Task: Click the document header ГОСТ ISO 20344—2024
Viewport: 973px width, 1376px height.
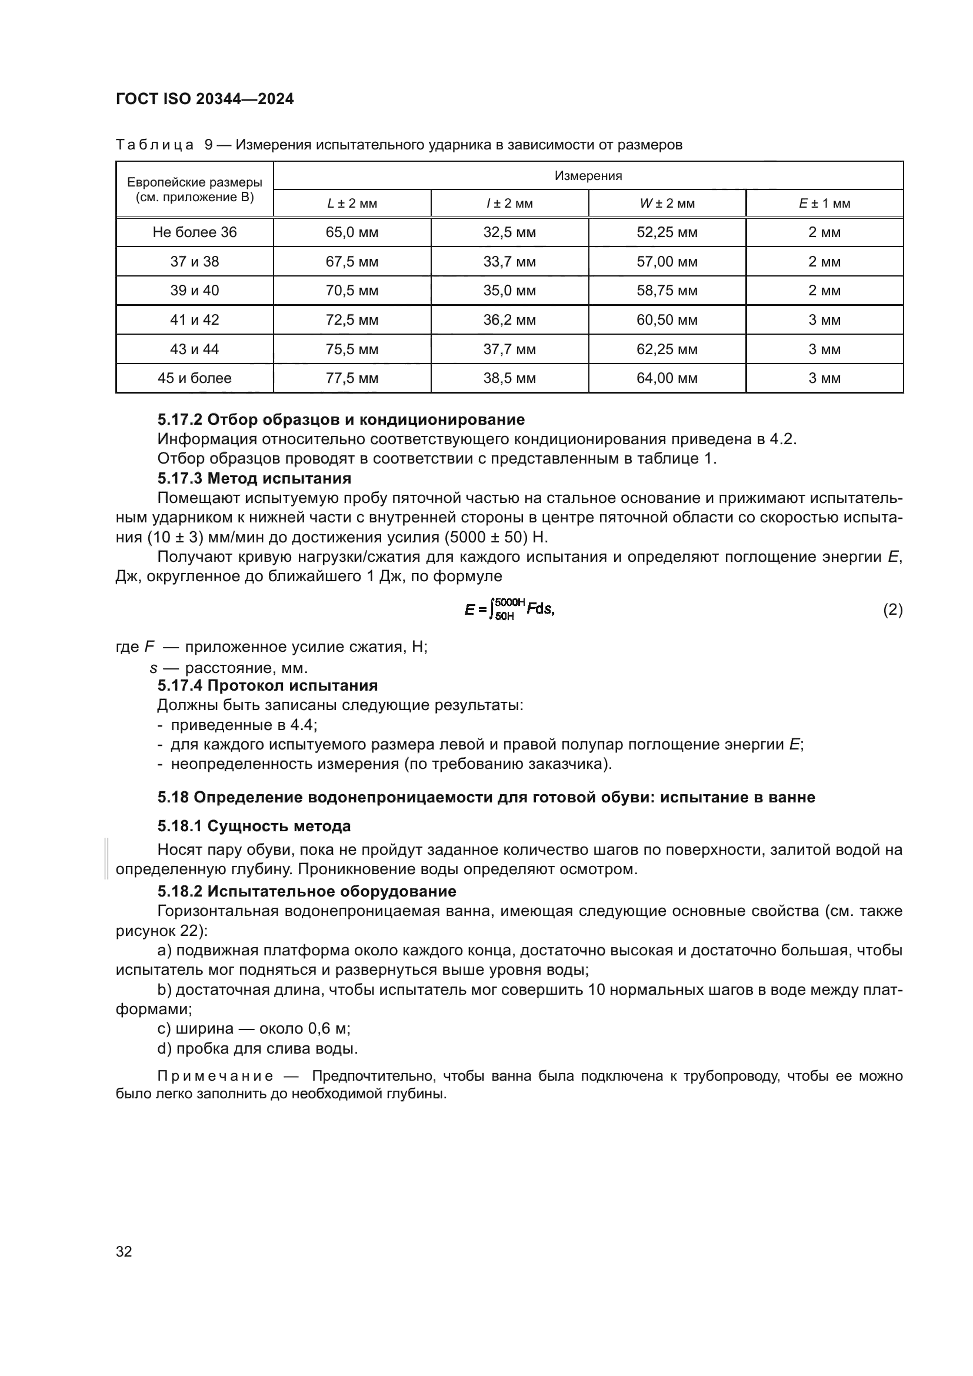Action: click(x=204, y=99)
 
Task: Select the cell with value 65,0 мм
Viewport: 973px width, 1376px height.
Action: click(x=352, y=232)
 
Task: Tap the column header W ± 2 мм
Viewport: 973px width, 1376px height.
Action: click(x=667, y=203)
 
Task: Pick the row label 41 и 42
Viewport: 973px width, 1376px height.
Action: click(x=194, y=320)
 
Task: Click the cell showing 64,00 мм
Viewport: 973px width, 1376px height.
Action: click(x=667, y=378)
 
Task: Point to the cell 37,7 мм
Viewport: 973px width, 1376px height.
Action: click(x=509, y=349)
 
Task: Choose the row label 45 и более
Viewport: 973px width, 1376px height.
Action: click(x=194, y=378)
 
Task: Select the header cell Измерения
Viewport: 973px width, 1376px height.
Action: click(x=588, y=175)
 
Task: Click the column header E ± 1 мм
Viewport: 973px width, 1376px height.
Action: click(x=824, y=203)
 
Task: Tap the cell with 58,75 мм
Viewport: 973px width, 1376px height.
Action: click(x=667, y=291)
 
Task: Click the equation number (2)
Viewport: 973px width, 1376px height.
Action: click(x=892, y=609)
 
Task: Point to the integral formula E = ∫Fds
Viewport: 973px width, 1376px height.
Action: click(x=509, y=609)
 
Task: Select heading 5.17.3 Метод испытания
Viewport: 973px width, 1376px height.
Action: click(x=254, y=478)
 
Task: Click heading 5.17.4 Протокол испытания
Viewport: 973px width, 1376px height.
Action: click(x=267, y=685)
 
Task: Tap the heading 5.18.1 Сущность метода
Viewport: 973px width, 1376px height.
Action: click(x=254, y=826)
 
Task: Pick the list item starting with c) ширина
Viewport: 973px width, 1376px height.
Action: click(x=254, y=1028)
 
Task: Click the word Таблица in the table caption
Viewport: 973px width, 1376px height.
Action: click(x=155, y=145)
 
